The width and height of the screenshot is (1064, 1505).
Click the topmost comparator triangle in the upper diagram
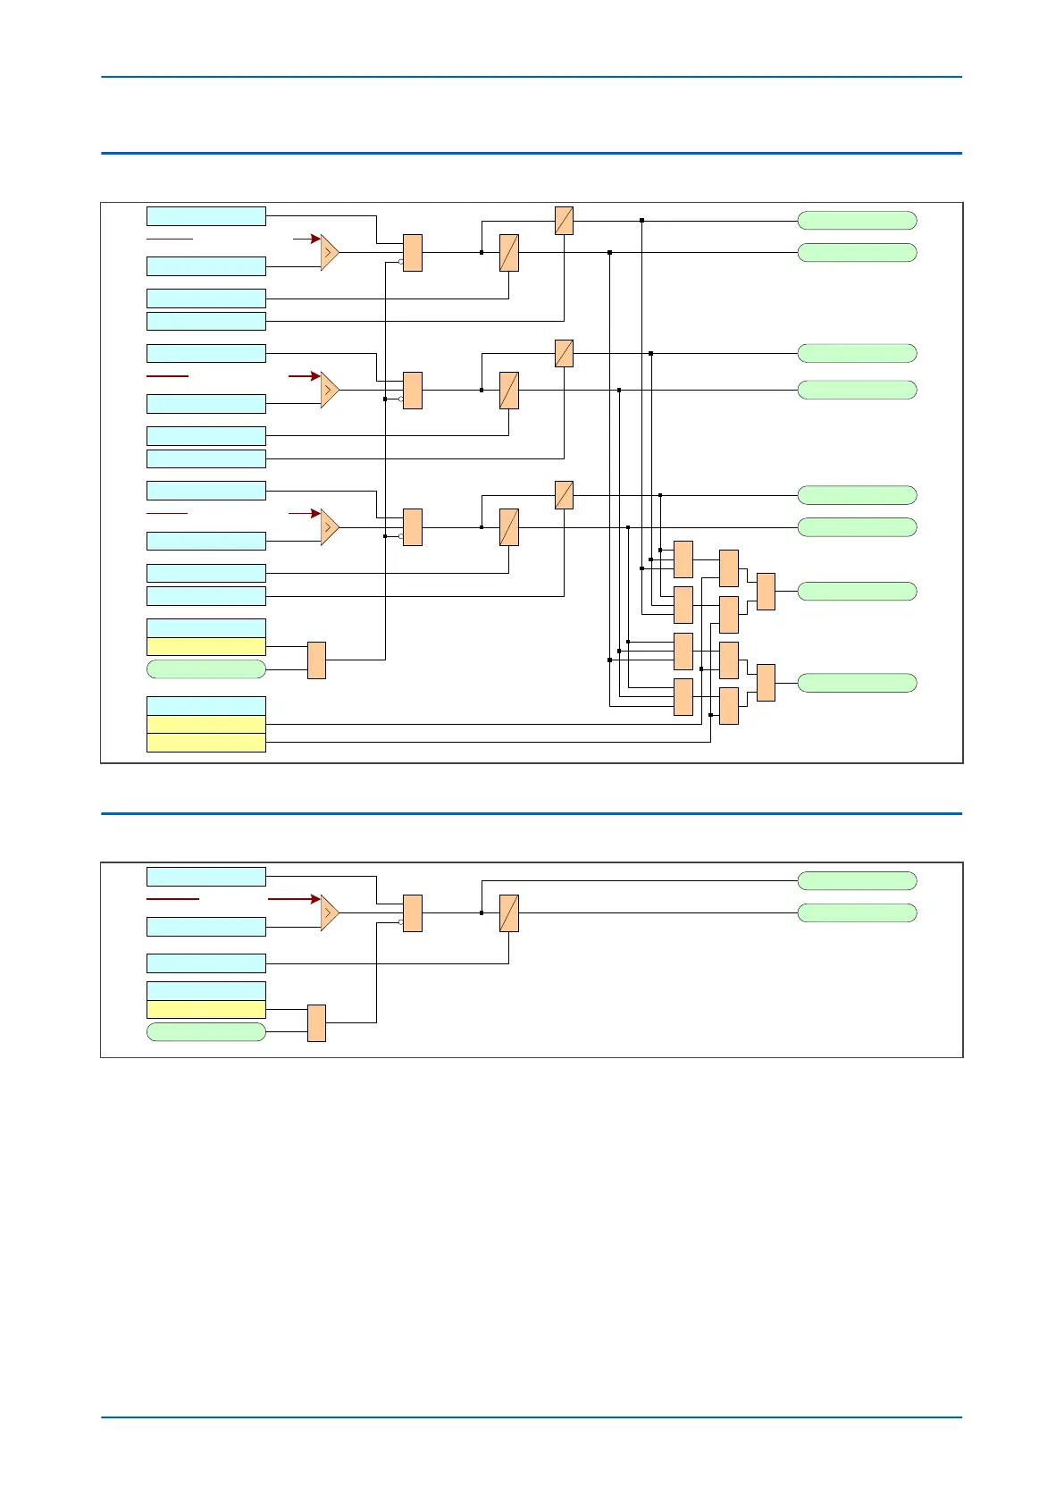click(330, 253)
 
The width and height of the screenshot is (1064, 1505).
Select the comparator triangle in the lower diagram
click(330, 912)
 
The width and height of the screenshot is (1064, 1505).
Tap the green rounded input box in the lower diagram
click(205, 1032)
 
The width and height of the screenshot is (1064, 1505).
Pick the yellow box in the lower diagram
click(205, 1009)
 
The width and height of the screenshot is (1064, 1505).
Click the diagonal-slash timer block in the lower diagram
click(509, 913)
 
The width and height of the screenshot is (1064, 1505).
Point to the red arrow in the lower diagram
click(294, 899)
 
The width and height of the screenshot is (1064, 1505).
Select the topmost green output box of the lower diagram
click(857, 881)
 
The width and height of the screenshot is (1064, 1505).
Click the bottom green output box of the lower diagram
click(857, 912)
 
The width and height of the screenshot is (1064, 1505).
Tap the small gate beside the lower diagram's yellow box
click(316, 1023)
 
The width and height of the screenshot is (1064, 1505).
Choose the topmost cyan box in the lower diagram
click(205, 877)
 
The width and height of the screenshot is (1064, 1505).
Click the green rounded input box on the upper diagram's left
click(205, 669)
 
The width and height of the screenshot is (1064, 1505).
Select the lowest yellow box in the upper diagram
click(205, 743)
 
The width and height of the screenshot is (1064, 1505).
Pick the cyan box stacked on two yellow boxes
click(205, 706)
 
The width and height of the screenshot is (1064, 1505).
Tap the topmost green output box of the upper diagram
click(857, 221)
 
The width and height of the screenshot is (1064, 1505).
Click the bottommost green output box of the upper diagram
click(857, 683)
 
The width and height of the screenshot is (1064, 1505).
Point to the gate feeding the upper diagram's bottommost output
click(766, 683)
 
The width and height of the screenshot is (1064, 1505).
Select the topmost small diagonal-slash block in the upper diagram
click(564, 221)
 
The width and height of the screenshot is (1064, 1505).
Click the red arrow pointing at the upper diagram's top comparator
click(306, 240)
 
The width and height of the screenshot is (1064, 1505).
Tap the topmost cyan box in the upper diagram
click(205, 216)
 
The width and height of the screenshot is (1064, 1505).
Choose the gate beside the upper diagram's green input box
click(316, 660)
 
